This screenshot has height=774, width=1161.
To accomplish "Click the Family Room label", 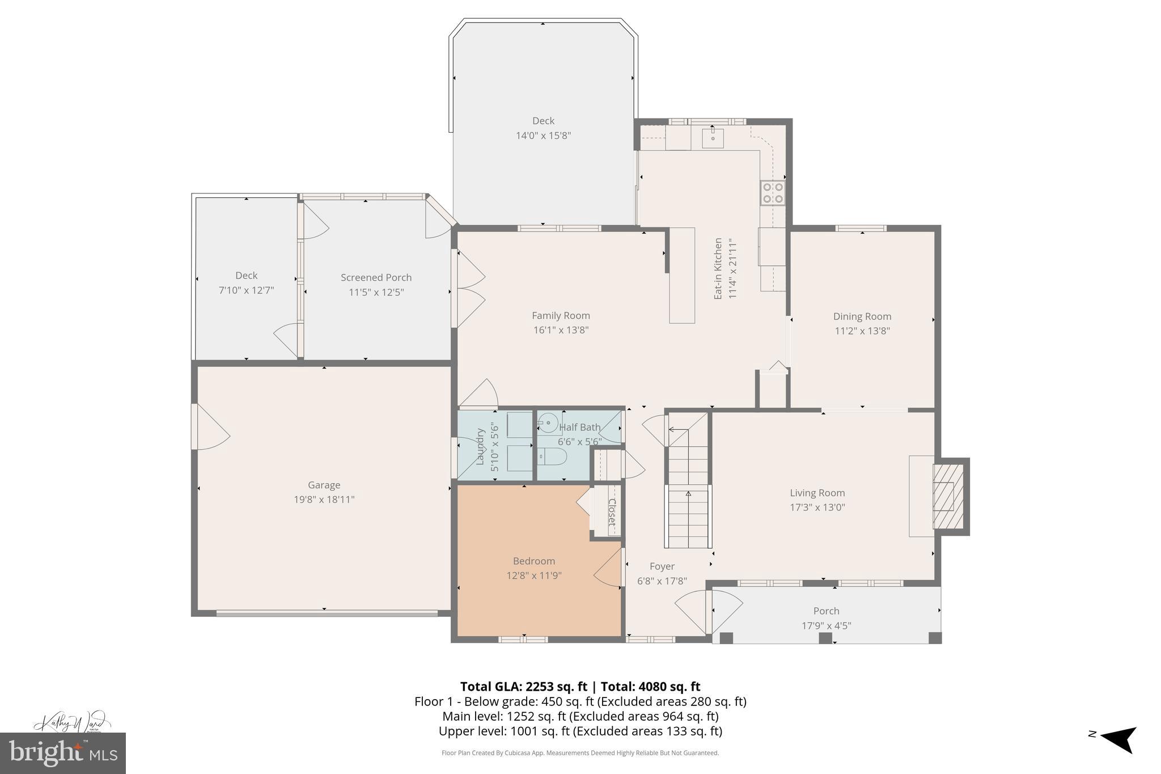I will pyautogui.click(x=561, y=316).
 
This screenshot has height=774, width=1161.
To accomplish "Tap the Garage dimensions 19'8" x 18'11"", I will pyautogui.click(x=324, y=500).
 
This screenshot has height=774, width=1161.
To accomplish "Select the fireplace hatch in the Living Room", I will pyautogui.click(x=948, y=497).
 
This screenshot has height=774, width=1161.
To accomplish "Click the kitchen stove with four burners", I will pyautogui.click(x=773, y=193).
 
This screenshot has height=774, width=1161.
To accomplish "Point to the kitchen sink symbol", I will pyautogui.click(x=713, y=137).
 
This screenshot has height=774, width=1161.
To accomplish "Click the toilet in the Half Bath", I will pyautogui.click(x=552, y=456).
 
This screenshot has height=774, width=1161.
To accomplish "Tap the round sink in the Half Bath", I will pyautogui.click(x=548, y=422).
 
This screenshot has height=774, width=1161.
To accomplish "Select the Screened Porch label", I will pyautogui.click(x=376, y=277).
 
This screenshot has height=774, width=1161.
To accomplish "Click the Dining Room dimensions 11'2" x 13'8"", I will pyautogui.click(x=862, y=331).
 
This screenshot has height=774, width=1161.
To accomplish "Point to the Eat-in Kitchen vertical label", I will pyautogui.click(x=718, y=269).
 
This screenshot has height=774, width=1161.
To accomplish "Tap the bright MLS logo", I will pyautogui.click(x=63, y=753).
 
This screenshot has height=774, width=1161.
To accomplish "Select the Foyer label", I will pyautogui.click(x=662, y=566).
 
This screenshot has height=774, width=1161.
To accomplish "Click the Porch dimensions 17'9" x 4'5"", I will pyautogui.click(x=826, y=626).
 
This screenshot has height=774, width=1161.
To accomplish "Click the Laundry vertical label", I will pyautogui.click(x=480, y=447).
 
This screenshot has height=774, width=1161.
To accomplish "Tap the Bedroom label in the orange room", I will pyautogui.click(x=533, y=561).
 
